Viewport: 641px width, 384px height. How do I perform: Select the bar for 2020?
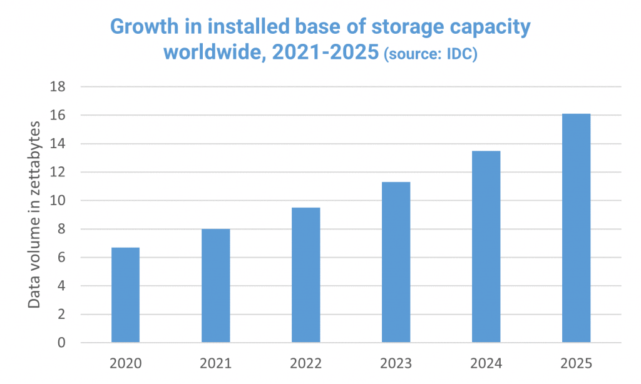(125, 295)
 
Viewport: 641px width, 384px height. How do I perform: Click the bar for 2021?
(215, 286)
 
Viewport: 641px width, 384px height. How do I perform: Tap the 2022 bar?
(305, 275)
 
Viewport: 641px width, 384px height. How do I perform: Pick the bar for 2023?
(396, 262)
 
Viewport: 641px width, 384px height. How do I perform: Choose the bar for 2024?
(486, 246)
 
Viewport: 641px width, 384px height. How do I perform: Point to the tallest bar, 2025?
(576, 228)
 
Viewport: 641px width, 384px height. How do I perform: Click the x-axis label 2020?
(125, 362)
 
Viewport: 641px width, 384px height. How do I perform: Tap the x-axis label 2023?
(396, 362)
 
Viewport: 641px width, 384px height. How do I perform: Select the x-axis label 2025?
(576, 362)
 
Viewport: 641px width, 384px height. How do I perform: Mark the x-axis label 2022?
(305, 362)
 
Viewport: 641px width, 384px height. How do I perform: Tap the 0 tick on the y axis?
(61, 343)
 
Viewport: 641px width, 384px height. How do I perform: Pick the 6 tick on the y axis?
(61, 258)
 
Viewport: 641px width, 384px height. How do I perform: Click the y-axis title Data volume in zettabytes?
(35, 215)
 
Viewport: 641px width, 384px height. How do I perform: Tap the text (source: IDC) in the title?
(430, 54)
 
